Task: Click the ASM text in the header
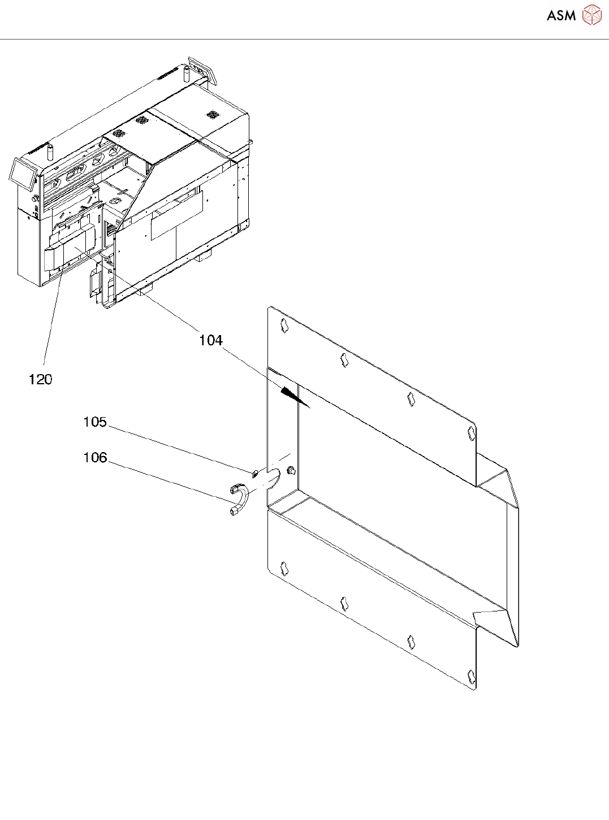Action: tap(561, 16)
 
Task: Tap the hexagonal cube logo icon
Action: tap(591, 15)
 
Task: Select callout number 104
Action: tap(211, 340)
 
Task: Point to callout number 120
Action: tap(40, 380)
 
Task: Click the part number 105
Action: tap(95, 422)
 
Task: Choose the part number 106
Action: tap(95, 458)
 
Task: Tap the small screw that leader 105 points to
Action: tap(255, 472)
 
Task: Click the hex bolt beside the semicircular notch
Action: tap(292, 470)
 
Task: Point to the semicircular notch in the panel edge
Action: tap(273, 479)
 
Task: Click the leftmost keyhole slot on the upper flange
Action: tap(284, 325)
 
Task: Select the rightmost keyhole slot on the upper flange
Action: tap(471, 433)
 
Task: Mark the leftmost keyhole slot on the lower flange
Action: tap(284, 568)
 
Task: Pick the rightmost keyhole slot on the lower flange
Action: tap(471, 676)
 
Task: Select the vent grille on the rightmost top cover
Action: tap(213, 114)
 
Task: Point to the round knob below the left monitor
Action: tap(36, 199)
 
